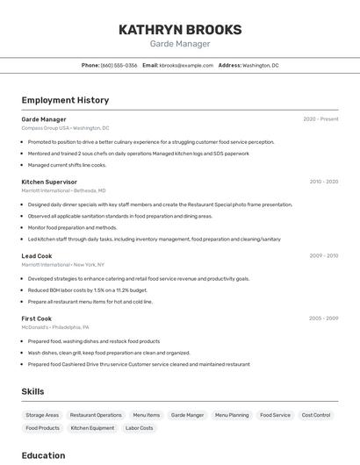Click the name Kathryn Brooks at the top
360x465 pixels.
(180, 29)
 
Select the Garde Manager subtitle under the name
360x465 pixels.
(180, 44)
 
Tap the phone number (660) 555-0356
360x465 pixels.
(119, 65)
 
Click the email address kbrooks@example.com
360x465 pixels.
(186, 65)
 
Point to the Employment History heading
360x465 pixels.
(65, 100)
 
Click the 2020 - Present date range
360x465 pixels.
(320, 119)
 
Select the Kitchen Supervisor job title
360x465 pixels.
(49, 182)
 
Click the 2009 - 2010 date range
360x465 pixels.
(323, 256)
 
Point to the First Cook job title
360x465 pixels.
(37, 318)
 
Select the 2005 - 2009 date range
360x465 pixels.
(323, 318)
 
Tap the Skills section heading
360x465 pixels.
(32, 391)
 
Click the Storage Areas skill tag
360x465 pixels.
(42, 415)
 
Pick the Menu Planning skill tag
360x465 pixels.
(232, 415)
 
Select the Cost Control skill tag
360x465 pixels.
(316, 415)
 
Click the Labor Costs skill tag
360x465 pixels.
(139, 428)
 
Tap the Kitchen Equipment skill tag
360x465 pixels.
(92, 428)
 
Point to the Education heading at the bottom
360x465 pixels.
(43, 455)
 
